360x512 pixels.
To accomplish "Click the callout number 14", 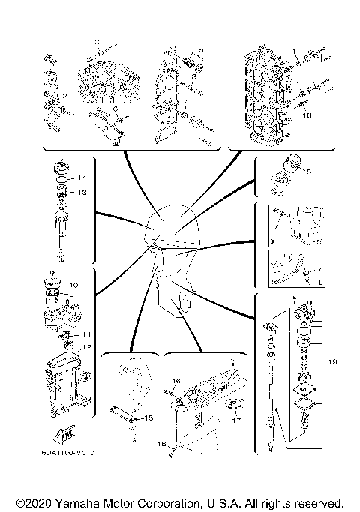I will coord(83,178).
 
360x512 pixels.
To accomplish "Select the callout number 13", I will coord(83,193).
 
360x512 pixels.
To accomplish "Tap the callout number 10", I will coord(73,286).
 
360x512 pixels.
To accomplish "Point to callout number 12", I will coord(86,347).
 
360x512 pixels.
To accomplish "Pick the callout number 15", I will coord(148,418).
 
